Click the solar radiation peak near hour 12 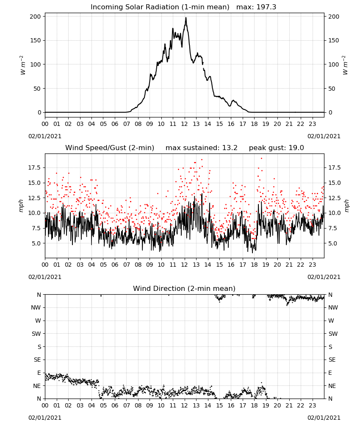coord(186,18)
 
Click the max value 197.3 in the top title coord(266,7)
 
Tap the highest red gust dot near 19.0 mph coord(261,159)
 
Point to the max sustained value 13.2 coord(230,148)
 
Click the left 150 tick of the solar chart coord(36,41)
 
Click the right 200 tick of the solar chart coord(334,17)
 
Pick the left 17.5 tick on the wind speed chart coord(34,167)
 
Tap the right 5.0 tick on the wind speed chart coord(333,243)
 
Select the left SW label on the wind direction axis coord(36,334)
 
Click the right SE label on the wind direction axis coord(332,360)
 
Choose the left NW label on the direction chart coord(36,307)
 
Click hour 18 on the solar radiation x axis coord(254,124)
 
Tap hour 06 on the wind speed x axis coord(115,265)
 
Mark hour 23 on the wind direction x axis coord(312,405)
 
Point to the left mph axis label coord(21,206)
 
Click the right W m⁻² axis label coord(345,65)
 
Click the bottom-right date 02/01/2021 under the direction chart coord(324,418)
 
